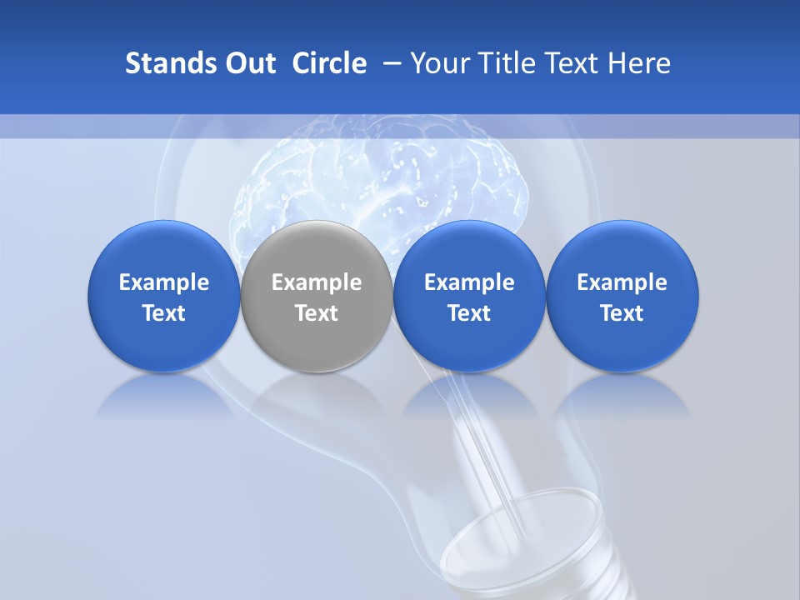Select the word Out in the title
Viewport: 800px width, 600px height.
point(247,63)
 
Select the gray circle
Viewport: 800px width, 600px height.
point(317,296)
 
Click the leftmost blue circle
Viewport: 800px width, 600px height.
point(163,296)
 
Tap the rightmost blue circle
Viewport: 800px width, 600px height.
point(622,296)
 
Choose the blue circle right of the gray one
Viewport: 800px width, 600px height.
point(469,296)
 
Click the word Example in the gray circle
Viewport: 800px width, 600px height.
point(317,282)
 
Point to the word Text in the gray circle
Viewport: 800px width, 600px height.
point(317,313)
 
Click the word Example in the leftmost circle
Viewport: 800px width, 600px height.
point(164,282)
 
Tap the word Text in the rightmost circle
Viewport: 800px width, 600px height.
point(622,313)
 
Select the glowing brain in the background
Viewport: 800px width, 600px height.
point(383,179)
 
